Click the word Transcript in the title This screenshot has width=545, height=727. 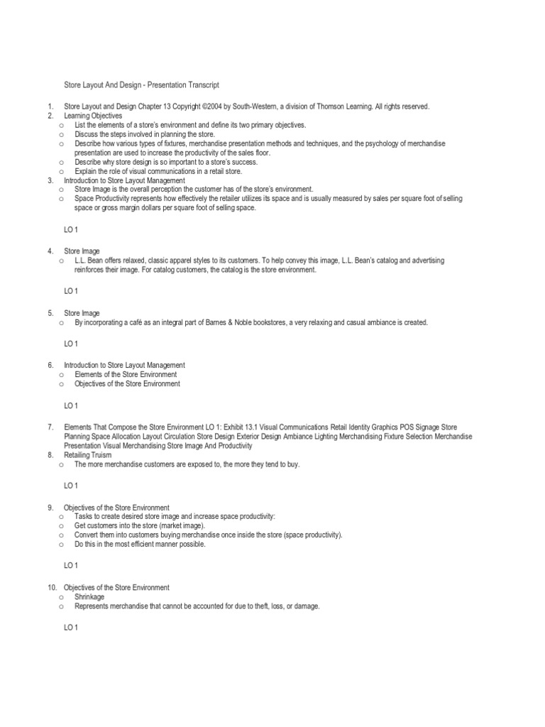pyautogui.click(x=201, y=84)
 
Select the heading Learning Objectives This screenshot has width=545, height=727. pyautogui.click(x=93, y=115)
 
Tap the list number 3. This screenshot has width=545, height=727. pyautogui.click(x=50, y=180)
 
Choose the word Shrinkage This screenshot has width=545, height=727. pyautogui.click(x=89, y=597)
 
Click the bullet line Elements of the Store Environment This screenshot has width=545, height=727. pyautogui.click(x=126, y=374)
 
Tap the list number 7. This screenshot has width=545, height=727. pyautogui.click(x=50, y=427)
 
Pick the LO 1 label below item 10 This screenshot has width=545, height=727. pyautogui.click(x=71, y=628)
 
